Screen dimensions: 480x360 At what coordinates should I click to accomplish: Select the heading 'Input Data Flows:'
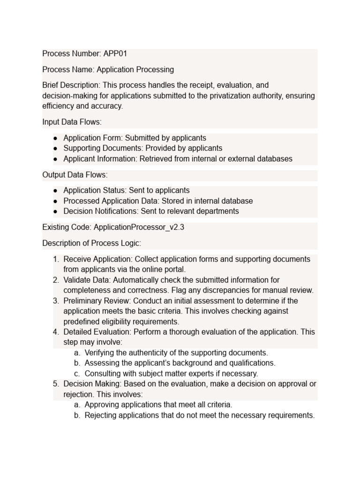click(72, 122)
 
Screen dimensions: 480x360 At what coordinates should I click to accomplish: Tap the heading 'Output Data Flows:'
click(75, 175)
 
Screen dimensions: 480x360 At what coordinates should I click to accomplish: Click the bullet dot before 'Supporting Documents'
click(55, 149)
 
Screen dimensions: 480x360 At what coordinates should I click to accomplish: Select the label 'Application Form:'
click(93, 138)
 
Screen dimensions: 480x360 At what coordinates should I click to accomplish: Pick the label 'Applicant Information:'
click(100, 159)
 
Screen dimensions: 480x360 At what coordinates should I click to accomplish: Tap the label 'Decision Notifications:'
click(101, 211)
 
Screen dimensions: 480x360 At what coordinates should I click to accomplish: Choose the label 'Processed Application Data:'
click(110, 201)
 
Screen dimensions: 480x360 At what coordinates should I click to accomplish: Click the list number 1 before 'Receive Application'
click(56, 259)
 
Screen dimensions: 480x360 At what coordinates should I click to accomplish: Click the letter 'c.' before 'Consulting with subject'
click(77, 374)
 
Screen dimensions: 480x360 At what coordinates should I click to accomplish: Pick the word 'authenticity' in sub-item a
click(141, 352)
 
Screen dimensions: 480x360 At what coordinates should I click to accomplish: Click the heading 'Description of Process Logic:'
click(91, 243)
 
